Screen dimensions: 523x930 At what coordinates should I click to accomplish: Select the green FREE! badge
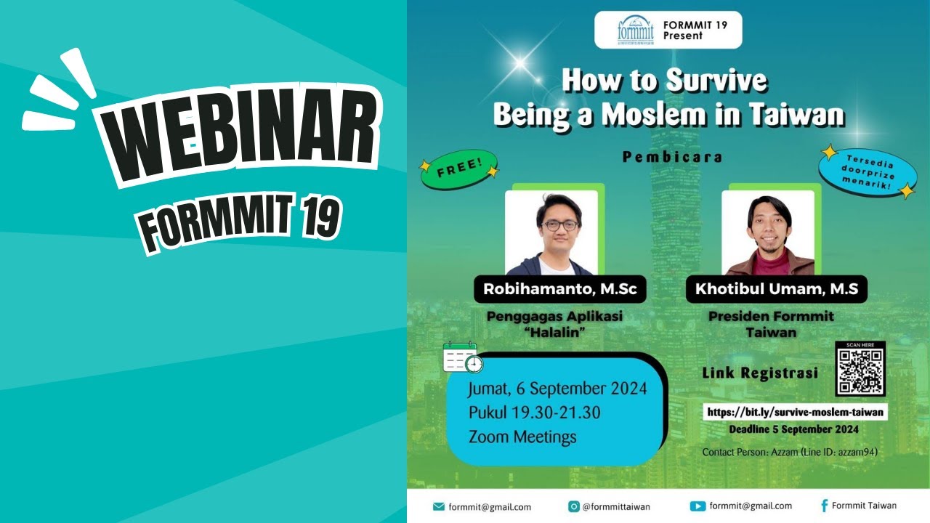pos(458,171)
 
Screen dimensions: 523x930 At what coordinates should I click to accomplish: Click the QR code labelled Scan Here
pos(860,372)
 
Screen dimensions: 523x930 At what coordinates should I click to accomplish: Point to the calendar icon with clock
pos(462,357)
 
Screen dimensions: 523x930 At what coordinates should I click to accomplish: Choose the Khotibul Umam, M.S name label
pos(776,289)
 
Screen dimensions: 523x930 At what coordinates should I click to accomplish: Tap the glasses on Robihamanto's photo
pos(559,225)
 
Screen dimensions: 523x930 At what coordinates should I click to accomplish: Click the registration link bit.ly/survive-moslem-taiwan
pos(796,412)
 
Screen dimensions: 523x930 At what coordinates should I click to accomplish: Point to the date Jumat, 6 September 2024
pos(557,388)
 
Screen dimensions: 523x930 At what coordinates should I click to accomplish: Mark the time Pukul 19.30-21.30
pos(535,413)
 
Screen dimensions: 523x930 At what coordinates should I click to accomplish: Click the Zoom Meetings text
pos(522,437)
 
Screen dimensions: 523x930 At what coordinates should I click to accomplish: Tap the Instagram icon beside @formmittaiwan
pos(573,506)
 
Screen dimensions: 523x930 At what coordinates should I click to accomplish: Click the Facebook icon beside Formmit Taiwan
pos(824,506)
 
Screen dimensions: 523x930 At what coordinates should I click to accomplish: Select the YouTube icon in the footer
pos(697,506)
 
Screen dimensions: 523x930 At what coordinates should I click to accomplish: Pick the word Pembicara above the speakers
pos(672,157)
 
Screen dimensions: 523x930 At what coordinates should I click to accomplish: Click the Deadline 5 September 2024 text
pos(794,429)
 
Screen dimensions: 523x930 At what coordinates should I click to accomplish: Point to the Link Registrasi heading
pos(760,373)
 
